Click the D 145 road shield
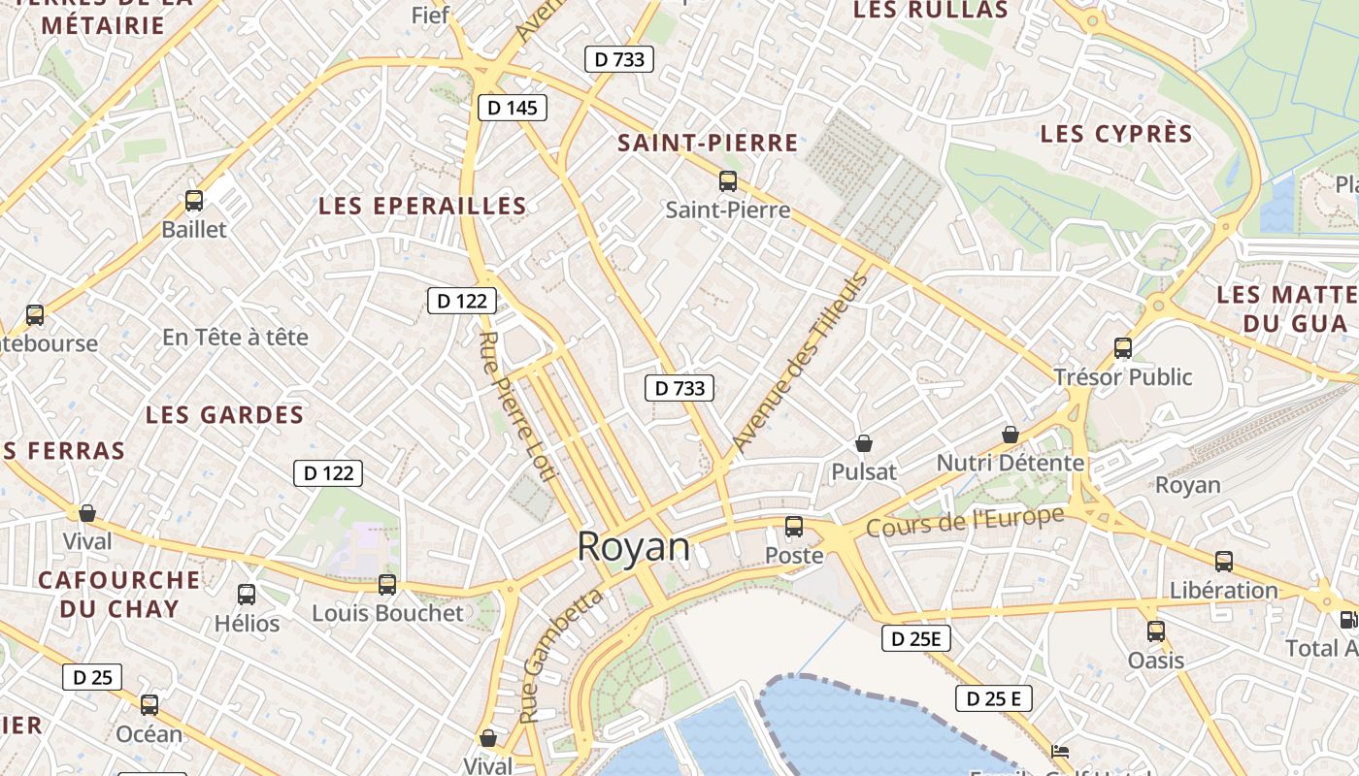pyautogui.click(x=513, y=108)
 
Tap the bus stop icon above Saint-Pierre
pyautogui.click(x=727, y=180)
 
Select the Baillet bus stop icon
pyautogui.click(x=194, y=201)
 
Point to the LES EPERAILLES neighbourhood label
pyautogui.click(x=422, y=206)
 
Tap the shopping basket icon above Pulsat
pyautogui.click(x=864, y=443)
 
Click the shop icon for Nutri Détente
pyautogui.click(x=1010, y=435)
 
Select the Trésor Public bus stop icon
pyautogui.click(x=1123, y=347)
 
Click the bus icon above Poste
pyautogui.click(x=794, y=527)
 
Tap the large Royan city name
pyautogui.click(x=633, y=547)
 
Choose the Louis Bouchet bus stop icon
pyautogui.click(x=387, y=584)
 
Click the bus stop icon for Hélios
pyautogui.click(x=247, y=594)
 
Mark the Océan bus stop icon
pyautogui.click(x=149, y=705)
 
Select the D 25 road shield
pyautogui.click(x=92, y=677)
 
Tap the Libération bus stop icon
pyautogui.click(x=1224, y=561)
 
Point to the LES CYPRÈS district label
pyautogui.click(x=1115, y=134)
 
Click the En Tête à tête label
pyautogui.click(x=235, y=338)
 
